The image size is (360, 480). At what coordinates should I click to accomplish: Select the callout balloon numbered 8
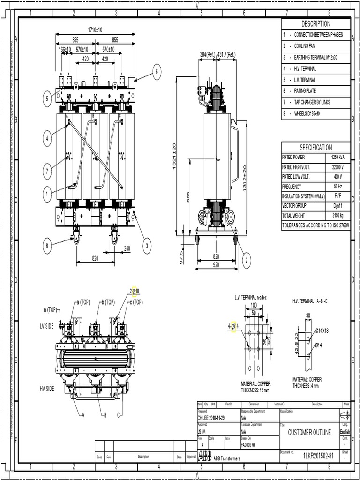pyautogui.click(x=47, y=245)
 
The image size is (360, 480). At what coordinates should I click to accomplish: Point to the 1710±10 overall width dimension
pyautogui.click(x=95, y=30)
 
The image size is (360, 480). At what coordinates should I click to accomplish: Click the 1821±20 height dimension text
pyautogui.click(x=174, y=157)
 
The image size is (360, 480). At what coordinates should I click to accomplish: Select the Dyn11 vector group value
pyautogui.click(x=337, y=206)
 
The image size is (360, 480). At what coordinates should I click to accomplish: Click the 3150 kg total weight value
pyautogui.click(x=337, y=216)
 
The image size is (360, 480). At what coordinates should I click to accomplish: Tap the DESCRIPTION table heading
pyautogui.click(x=315, y=24)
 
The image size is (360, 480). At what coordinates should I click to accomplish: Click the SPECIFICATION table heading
pyautogui.click(x=315, y=147)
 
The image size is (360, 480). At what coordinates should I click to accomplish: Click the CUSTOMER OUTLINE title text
pyautogui.click(x=309, y=433)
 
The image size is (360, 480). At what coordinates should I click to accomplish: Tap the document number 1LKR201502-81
pyautogui.click(x=317, y=456)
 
